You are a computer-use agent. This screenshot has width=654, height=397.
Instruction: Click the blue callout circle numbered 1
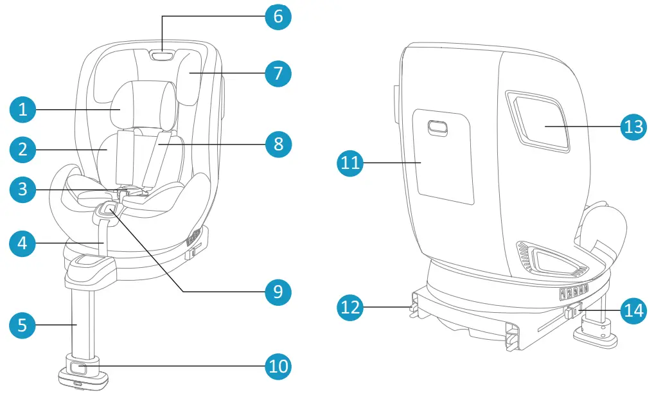click(22, 110)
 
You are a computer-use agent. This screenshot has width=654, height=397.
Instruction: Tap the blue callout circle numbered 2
click(22, 150)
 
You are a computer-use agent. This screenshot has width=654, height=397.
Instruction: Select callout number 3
click(22, 190)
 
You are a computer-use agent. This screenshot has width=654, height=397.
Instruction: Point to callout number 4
click(22, 243)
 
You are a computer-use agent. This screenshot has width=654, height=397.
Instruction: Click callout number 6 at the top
click(278, 16)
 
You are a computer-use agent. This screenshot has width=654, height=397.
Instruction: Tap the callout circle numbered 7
click(278, 74)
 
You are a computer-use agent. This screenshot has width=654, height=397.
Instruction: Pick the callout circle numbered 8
click(278, 143)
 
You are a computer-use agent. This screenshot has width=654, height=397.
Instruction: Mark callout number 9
click(278, 292)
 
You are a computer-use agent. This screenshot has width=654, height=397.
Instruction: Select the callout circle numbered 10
click(278, 367)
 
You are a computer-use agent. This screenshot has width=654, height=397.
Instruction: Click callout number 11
click(350, 163)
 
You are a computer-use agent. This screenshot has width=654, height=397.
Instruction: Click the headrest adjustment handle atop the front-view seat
click(162, 56)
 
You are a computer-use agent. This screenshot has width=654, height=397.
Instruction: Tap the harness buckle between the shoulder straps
click(127, 191)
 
